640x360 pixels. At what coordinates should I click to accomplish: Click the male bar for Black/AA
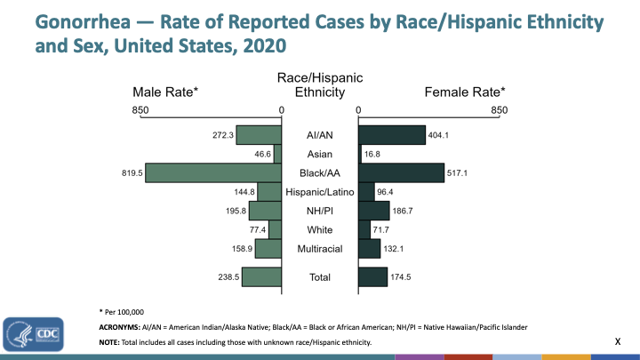213,172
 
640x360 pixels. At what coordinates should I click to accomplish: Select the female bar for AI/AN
392,135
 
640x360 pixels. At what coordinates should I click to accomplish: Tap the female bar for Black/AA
401,172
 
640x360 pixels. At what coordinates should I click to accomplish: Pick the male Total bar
261,276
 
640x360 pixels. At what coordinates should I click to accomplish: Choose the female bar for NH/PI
373,211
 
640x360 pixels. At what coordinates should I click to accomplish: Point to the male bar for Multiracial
268,249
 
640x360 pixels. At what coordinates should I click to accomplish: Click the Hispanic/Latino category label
320,192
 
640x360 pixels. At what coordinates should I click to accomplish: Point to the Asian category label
320,154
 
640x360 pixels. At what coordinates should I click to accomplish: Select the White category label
320,230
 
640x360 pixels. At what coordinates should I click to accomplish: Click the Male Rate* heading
165,92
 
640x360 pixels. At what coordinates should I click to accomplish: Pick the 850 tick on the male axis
140,110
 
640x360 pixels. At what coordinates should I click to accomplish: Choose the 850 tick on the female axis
499,110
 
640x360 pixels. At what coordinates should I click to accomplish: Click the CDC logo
34,335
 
